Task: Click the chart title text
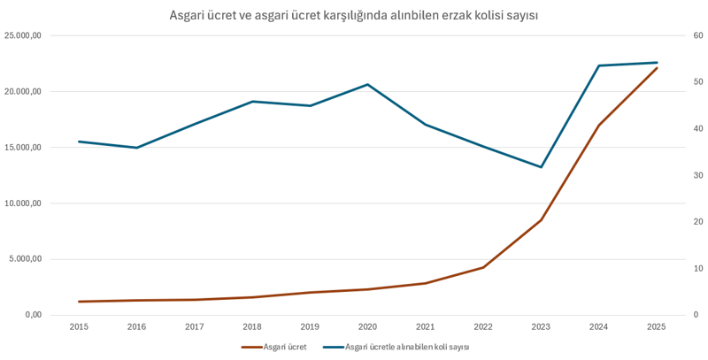click(x=354, y=15)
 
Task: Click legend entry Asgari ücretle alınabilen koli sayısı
click(x=406, y=347)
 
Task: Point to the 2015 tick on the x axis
click(x=79, y=326)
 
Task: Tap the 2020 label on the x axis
click(x=367, y=326)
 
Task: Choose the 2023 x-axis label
click(x=541, y=326)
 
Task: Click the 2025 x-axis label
click(x=656, y=326)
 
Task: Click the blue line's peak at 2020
click(x=367, y=84)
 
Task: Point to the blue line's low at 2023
click(x=541, y=167)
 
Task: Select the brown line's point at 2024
click(x=598, y=126)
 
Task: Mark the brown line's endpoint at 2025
click(x=656, y=68)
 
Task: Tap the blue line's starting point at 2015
click(x=79, y=142)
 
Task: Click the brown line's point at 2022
click(x=483, y=267)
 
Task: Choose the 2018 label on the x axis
click(x=252, y=326)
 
